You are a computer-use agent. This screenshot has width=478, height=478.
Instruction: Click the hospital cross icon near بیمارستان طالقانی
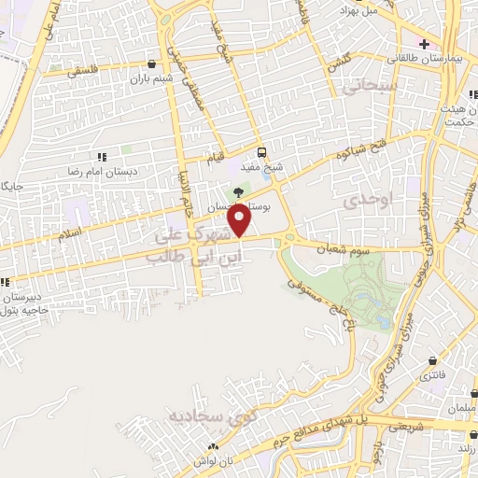coord(425,44)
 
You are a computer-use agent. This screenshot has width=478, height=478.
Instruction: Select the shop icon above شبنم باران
coord(151,63)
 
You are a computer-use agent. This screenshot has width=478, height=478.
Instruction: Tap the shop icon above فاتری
coord(432,359)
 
